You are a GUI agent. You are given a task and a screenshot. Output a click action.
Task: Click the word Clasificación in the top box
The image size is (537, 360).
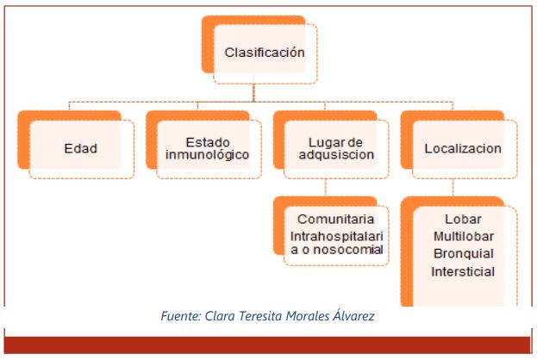[x=265, y=53]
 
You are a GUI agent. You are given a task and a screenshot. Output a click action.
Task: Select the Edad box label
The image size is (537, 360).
[x=81, y=148]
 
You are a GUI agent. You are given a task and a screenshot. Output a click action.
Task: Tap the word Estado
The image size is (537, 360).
[x=208, y=142]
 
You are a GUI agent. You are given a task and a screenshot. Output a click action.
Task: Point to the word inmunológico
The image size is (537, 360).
[x=207, y=155]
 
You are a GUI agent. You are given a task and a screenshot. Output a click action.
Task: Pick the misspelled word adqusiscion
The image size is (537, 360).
[x=336, y=155]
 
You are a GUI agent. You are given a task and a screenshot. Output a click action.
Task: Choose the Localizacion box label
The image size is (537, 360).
[x=463, y=148]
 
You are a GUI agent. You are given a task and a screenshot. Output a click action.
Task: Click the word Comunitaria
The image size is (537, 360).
[x=335, y=219]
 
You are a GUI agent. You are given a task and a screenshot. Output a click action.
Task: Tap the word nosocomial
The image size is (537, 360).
[x=348, y=250]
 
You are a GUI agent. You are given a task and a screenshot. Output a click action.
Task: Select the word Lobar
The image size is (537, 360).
[x=463, y=219]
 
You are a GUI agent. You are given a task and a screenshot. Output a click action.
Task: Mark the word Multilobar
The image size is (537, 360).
[x=464, y=237]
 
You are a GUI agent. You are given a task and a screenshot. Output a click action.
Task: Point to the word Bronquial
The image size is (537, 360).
[x=464, y=253]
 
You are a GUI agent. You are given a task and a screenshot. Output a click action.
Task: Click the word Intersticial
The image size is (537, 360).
[x=463, y=271]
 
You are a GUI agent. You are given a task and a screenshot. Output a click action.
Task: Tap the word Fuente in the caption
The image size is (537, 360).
[x=181, y=316]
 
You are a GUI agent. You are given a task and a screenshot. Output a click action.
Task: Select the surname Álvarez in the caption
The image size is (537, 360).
[x=353, y=315]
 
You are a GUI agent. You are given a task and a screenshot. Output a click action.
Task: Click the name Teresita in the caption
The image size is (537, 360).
[x=261, y=316]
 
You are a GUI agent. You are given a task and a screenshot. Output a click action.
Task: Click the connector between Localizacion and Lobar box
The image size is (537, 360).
[x=453, y=188]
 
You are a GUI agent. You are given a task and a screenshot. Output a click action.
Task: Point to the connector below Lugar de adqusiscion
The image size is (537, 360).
[x=325, y=188]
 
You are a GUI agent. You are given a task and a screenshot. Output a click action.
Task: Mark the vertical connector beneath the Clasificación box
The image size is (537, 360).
[x=253, y=93]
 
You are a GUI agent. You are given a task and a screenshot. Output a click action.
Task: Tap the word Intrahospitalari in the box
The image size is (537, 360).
[x=336, y=237]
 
